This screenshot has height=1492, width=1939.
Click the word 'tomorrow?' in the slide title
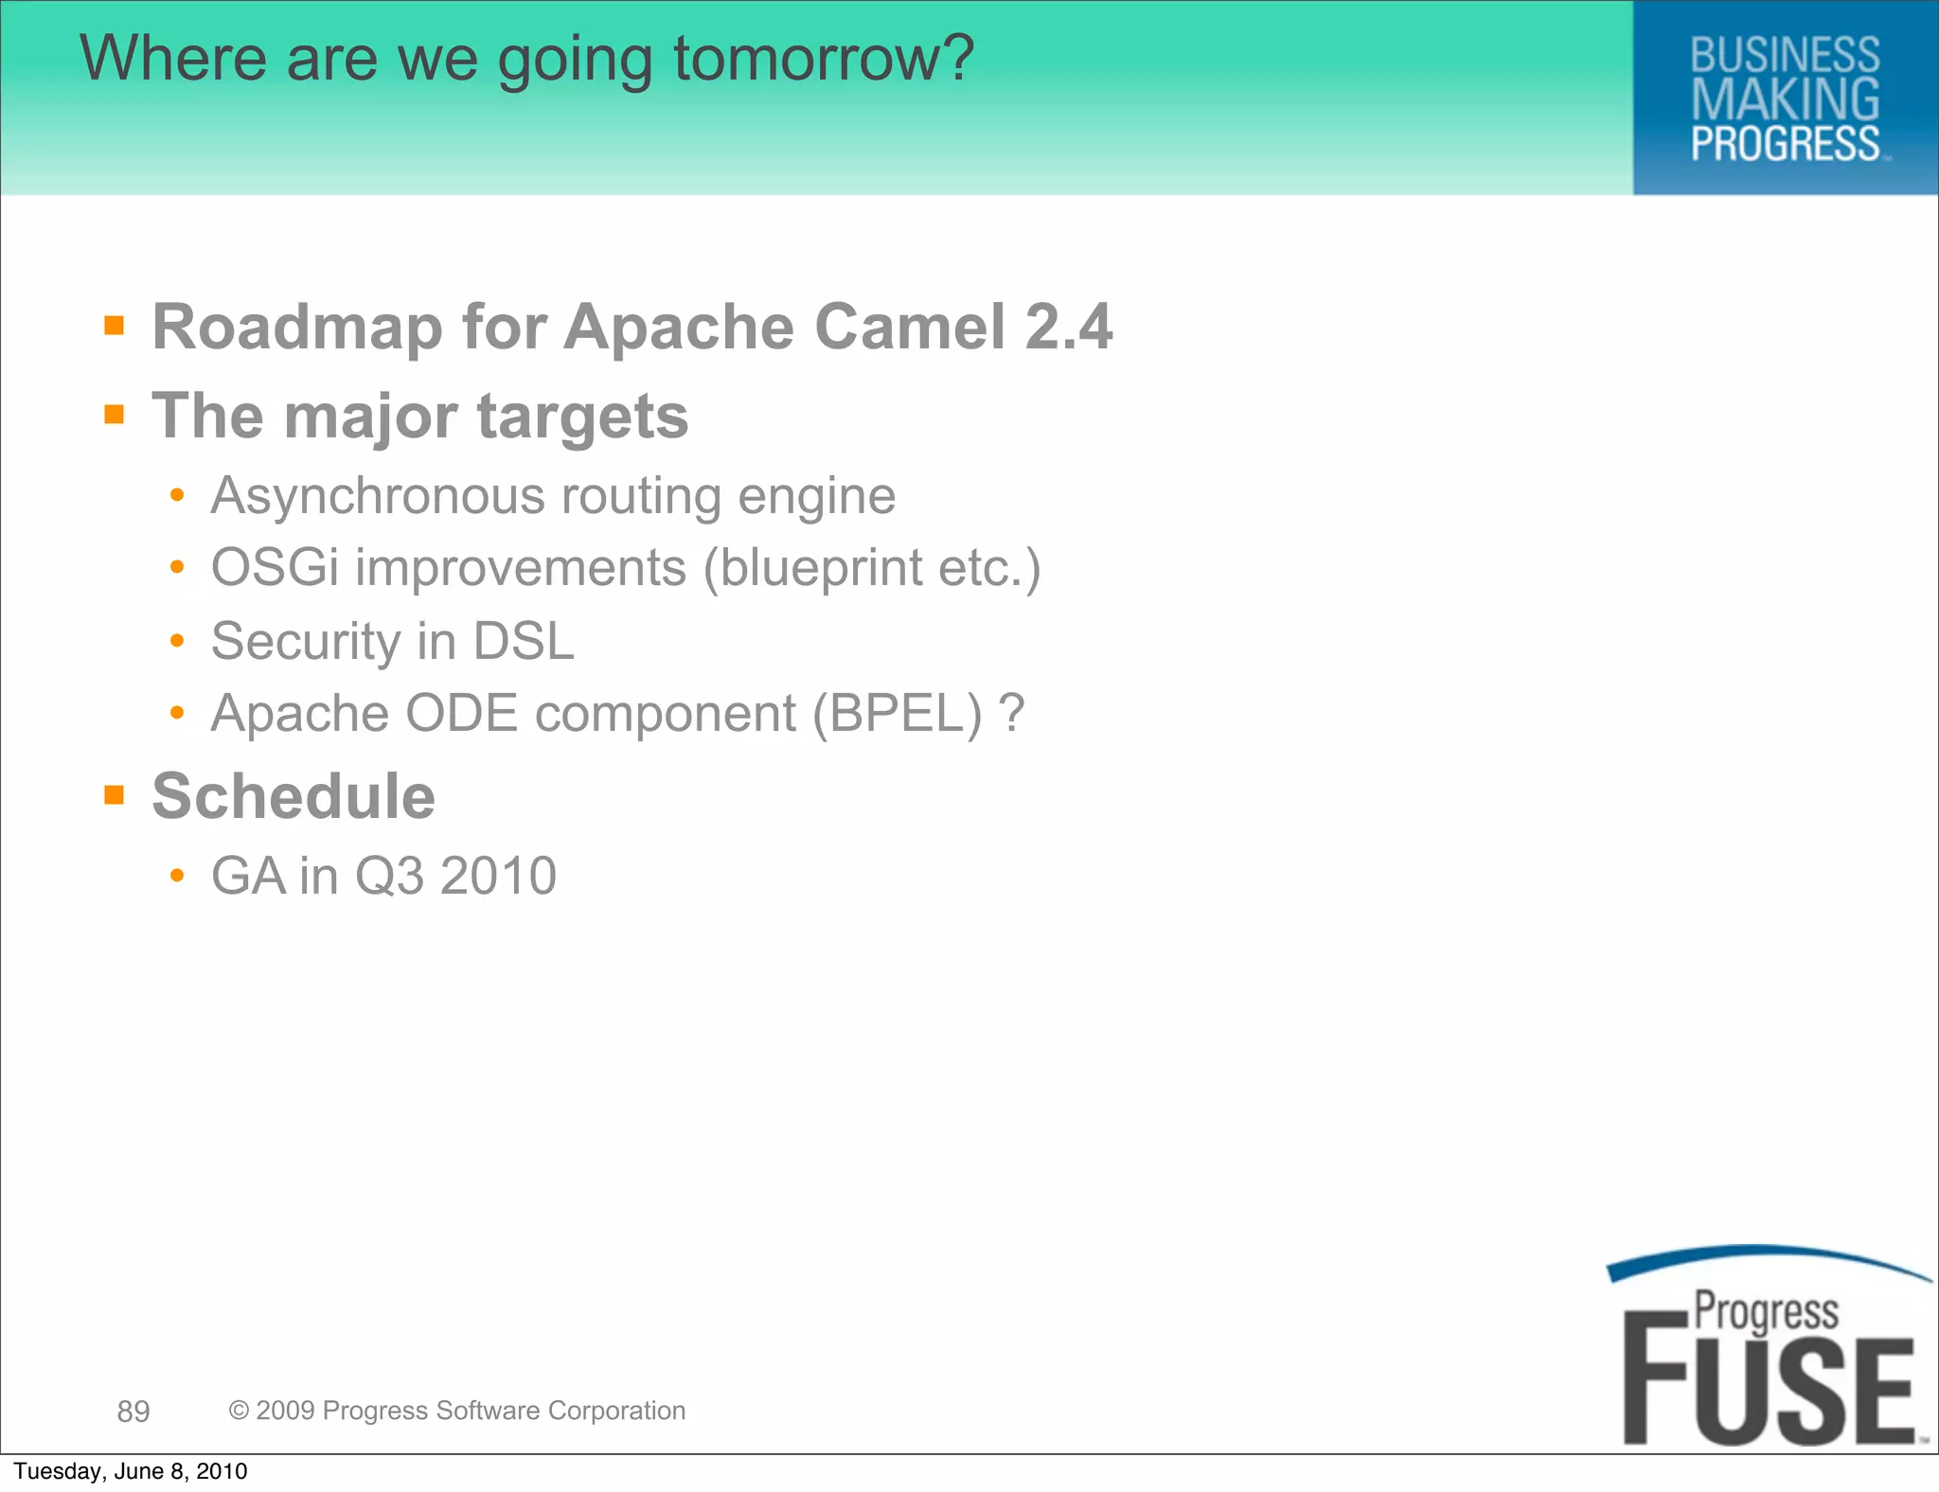pos(824,59)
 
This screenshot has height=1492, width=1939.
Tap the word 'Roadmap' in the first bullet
pos(297,328)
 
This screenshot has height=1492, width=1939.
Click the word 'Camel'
pos(909,328)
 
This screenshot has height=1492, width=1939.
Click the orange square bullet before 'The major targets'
pos(115,414)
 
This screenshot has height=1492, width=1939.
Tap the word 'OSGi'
pos(275,568)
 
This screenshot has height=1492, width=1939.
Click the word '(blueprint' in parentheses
pos(812,568)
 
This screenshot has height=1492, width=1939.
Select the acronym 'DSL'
pos(524,641)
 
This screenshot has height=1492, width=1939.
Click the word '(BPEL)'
pos(897,713)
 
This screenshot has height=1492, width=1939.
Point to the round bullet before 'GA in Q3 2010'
pos(177,876)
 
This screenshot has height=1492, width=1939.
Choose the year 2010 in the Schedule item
pos(498,876)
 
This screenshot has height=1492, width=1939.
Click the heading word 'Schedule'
pos(294,796)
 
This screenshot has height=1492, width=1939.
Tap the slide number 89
pos(133,1412)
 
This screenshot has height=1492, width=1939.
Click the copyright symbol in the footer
pos(239,1411)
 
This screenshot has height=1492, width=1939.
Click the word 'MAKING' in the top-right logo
pos(1785,99)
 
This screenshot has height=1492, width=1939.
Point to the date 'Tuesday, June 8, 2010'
pos(131,1471)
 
